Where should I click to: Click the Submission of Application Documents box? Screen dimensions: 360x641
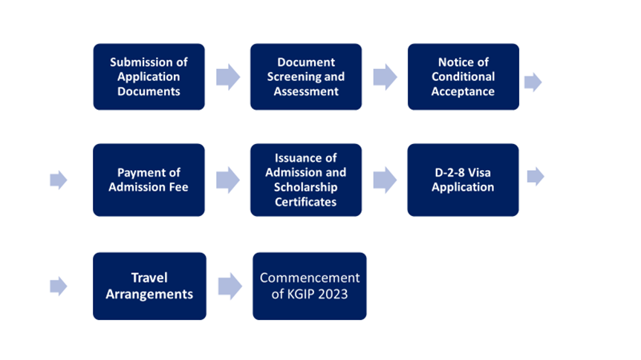[x=149, y=76]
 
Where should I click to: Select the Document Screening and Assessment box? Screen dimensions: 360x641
[x=305, y=76]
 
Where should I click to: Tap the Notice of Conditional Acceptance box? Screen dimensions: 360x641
[x=463, y=76]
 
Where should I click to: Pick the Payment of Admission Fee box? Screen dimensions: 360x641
[x=149, y=180]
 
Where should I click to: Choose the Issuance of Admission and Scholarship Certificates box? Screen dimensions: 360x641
[x=305, y=180]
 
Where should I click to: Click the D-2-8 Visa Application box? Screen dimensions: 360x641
[x=463, y=180]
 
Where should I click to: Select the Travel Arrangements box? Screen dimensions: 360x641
[x=149, y=286]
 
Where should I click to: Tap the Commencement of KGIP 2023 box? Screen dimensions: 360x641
[x=309, y=286]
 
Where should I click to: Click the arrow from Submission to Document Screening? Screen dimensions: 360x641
[x=228, y=76]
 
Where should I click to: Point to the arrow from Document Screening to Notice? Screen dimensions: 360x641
[x=385, y=76]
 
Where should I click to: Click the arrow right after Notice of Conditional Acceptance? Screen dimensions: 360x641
[x=533, y=82]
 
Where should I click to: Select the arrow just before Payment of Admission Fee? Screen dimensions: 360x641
[x=58, y=180]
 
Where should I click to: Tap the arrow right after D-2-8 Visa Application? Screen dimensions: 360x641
[x=536, y=177]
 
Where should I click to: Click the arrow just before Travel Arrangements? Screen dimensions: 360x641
[x=58, y=286]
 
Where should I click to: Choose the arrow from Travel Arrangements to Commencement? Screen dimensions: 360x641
[x=230, y=286]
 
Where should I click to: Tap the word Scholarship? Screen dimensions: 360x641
[x=305, y=187]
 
